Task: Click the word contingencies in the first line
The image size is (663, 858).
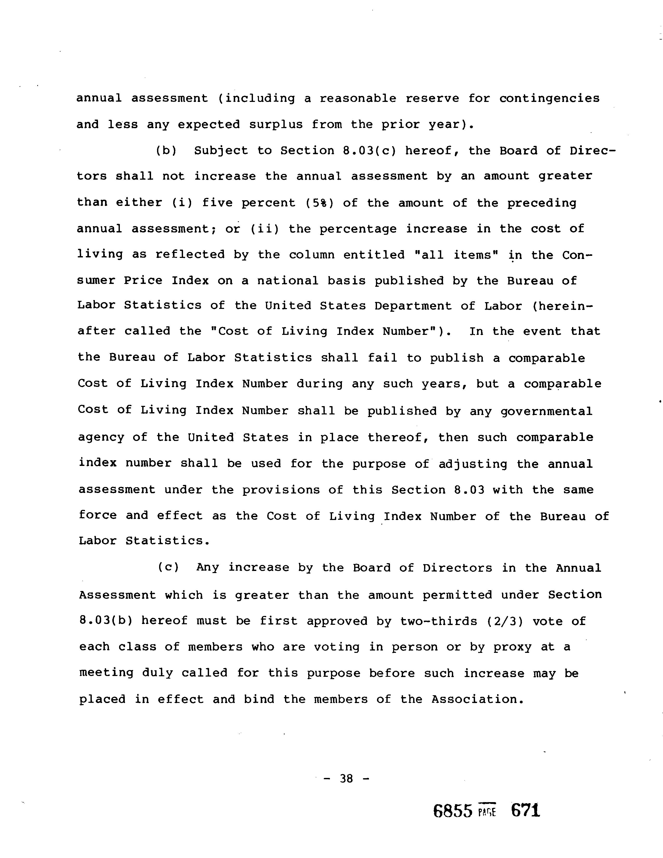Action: (x=549, y=98)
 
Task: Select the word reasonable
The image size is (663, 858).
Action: (x=357, y=98)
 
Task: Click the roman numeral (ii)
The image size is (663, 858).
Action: (x=264, y=229)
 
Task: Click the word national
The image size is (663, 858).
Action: (x=288, y=281)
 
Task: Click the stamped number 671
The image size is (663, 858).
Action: (x=525, y=810)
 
